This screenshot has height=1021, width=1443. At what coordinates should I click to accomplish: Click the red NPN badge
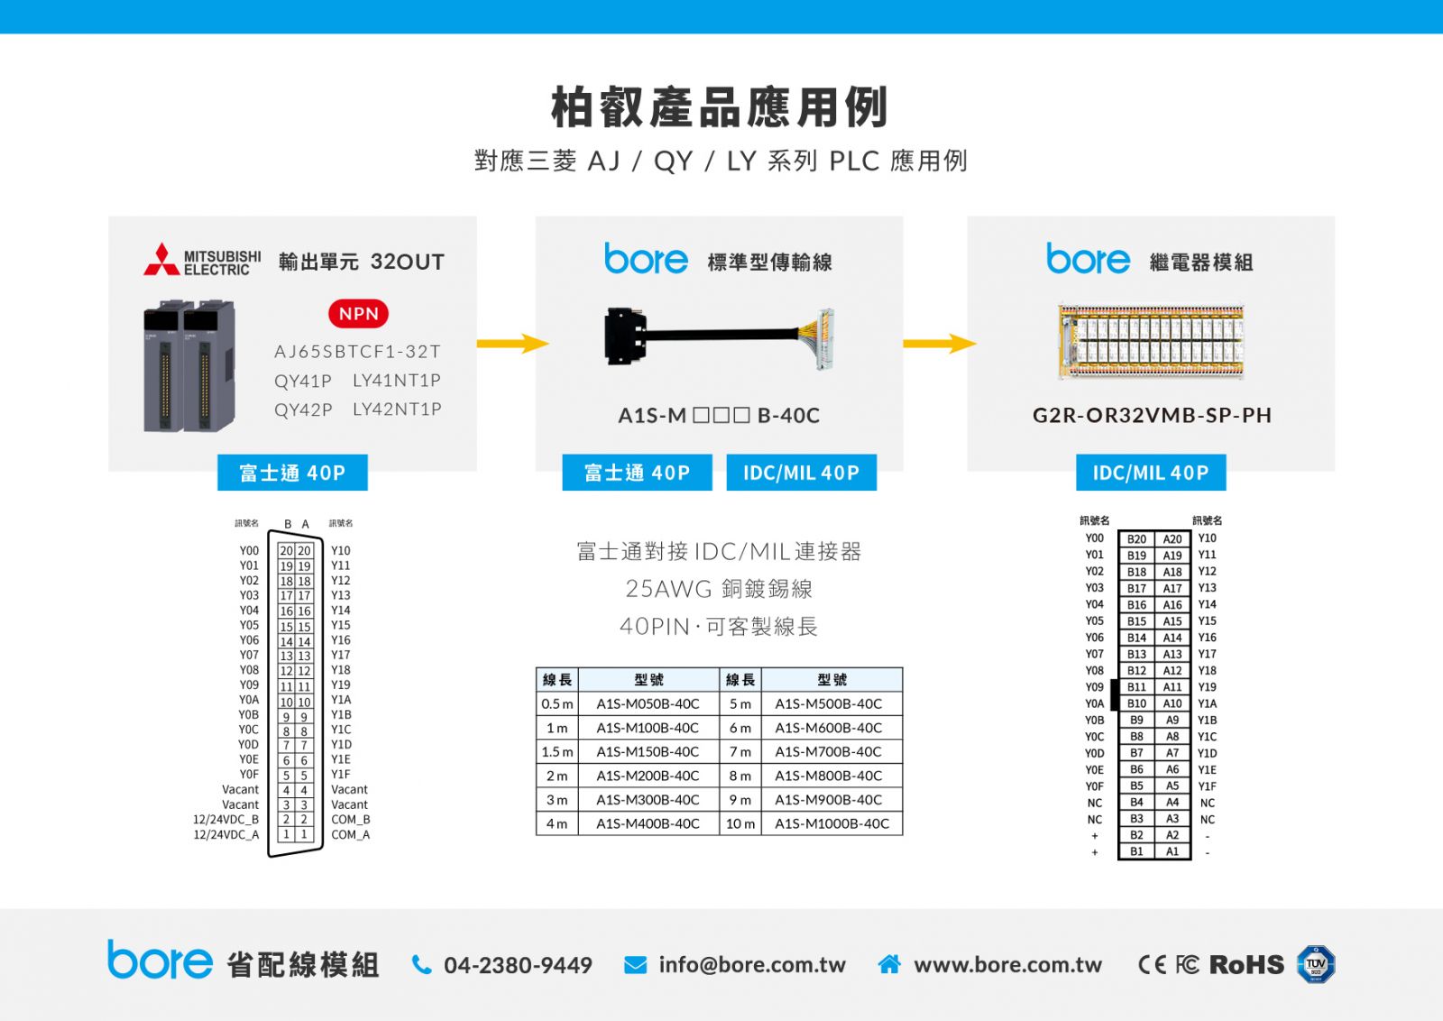(x=358, y=314)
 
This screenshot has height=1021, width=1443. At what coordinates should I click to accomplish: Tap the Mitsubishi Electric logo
(x=202, y=260)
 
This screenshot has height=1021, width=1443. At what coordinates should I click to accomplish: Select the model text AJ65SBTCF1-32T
(x=357, y=352)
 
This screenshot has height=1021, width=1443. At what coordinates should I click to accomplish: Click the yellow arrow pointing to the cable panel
(x=513, y=344)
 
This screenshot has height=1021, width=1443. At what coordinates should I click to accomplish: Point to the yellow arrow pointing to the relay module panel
(x=940, y=344)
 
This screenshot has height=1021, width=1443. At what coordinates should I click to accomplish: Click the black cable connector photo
(x=720, y=338)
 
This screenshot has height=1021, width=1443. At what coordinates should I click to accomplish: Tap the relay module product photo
(x=1151, y=342)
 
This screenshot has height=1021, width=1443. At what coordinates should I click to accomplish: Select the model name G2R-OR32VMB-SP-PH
(x=1152, y=416)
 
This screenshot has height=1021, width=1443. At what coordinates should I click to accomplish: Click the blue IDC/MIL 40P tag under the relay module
(x=1151, y=473)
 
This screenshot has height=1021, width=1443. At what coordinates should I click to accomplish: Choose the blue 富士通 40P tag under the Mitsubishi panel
(x=292, y=473)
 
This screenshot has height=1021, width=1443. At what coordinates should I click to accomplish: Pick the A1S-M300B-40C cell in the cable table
(x=648, y=800)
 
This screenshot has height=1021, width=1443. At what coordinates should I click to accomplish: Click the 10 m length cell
(x=740, y=823)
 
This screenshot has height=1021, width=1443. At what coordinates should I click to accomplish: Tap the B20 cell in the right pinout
(x=1136, y=539)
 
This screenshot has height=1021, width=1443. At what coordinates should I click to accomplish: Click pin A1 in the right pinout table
(x=1172, y=851)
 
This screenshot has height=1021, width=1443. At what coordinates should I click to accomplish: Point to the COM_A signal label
(x=351, y=835)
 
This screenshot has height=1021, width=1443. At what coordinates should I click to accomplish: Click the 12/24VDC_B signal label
(x=226, y=819)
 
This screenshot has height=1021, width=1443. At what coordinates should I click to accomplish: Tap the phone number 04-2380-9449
(x=518, y=965)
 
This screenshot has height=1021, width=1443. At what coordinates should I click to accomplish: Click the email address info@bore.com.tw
(x=752, y=965)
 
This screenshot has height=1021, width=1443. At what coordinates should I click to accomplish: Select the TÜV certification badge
(x=1316, y=964)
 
